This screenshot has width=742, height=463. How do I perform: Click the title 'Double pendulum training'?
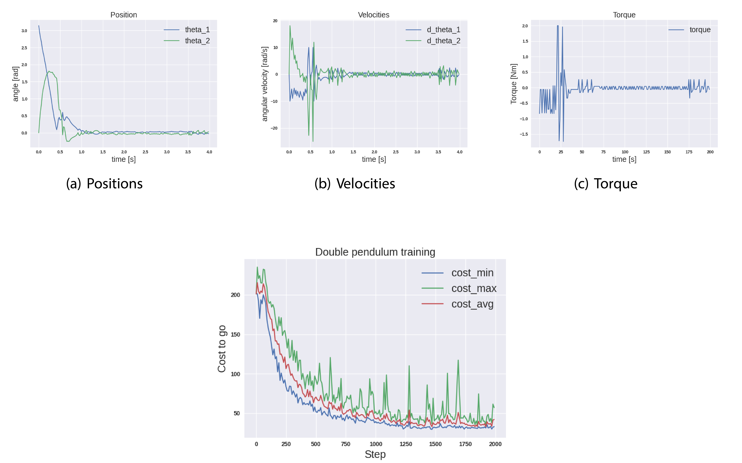pos(375,252)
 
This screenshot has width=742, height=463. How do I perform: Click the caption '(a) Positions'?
pos(104,184)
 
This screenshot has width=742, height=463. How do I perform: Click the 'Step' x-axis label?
pos(375,454)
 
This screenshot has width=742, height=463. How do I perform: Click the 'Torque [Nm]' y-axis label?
pos(513,84)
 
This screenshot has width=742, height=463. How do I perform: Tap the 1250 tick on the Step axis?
pos(406,444)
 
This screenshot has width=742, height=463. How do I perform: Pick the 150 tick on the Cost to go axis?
pos(235,334)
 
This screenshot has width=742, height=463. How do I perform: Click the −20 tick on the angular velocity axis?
pos(274,128)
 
